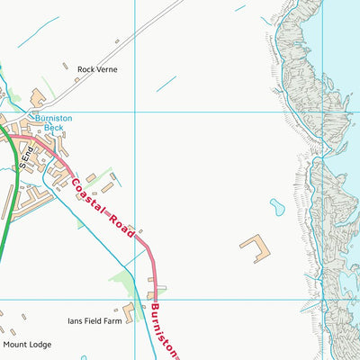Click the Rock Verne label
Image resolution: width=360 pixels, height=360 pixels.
[97, 69]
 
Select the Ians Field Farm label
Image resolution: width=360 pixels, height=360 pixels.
[94, 319]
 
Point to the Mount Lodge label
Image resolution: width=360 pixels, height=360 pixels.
[27, 345]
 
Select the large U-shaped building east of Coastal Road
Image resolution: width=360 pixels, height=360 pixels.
[256, 247]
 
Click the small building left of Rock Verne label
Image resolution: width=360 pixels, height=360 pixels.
[67, 65]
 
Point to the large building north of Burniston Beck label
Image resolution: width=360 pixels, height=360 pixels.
[38, 97]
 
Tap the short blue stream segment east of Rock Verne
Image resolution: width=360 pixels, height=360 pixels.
[166, 84]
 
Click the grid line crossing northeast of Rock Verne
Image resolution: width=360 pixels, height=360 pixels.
[134, 112]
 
